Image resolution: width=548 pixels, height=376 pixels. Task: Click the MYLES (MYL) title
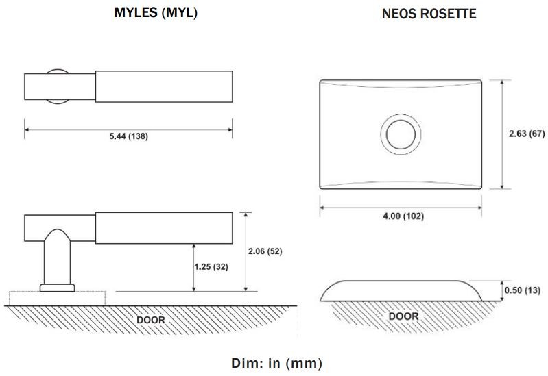pos(156,13)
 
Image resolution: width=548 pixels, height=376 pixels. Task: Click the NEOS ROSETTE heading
pos(429,14)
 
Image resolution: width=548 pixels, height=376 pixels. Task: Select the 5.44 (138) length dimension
pos(128,136)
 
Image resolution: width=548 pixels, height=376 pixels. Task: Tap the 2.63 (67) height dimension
pos(526,134)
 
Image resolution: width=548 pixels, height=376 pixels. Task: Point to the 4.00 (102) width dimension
pos(402,216)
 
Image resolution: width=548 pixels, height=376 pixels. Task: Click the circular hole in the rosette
pos(401,134)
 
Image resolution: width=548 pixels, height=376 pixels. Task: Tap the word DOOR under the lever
pos(150,319)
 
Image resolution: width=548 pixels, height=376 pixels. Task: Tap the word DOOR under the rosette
pos(403,316)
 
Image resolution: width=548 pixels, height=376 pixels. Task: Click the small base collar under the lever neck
pos(57,288)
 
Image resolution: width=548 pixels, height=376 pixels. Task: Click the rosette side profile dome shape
pos(401,290)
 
